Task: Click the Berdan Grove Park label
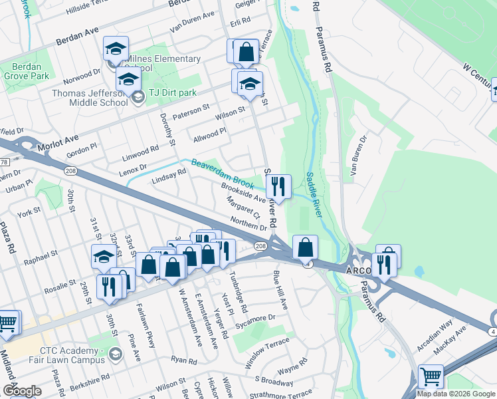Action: tap(25, 71)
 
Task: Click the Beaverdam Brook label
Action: tap(223, 172)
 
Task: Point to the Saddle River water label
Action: tap(314, 194)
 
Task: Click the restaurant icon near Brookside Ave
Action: tap(279, 186)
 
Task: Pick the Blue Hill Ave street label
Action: tap(282, 292)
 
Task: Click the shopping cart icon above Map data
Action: tap(431, 376)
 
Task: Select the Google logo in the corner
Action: tap(22, 391)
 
